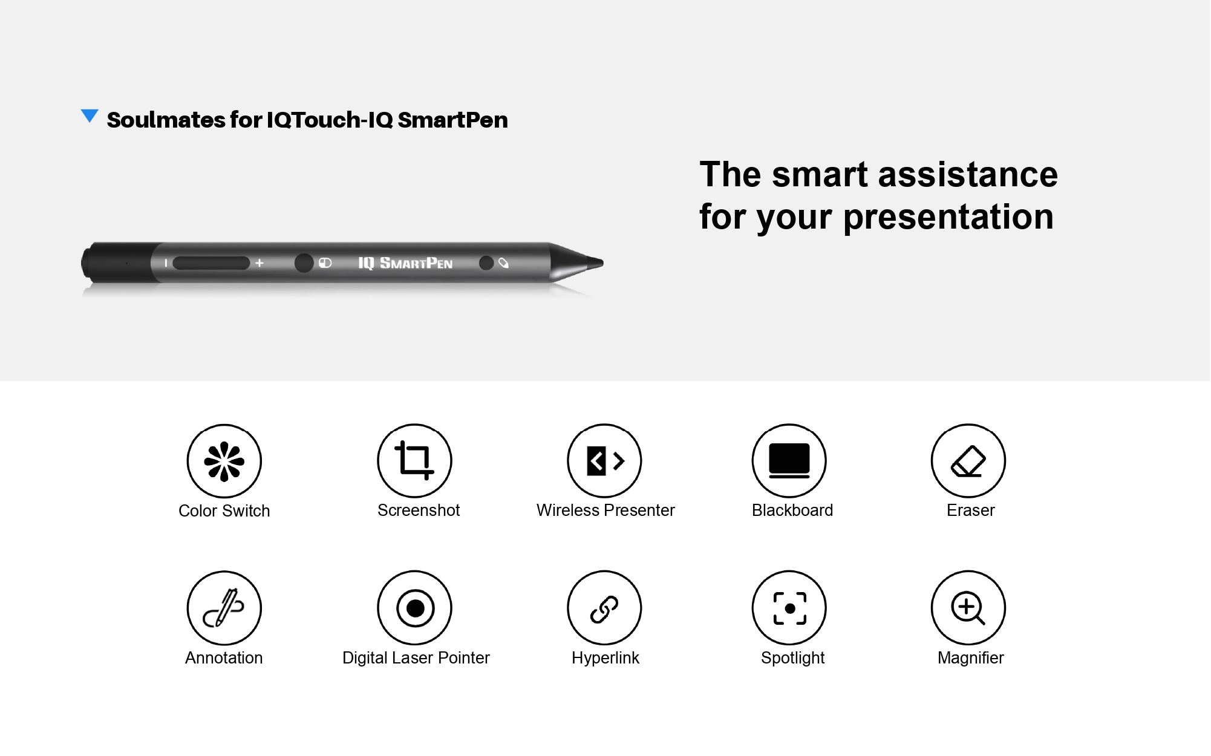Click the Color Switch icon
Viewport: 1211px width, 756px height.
pos(224,461)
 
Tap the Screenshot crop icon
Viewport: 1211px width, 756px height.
pos(414,461)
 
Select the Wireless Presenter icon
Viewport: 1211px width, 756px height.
pos(604,461)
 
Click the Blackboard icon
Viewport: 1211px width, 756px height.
pos(789,461)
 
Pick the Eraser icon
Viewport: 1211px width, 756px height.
pos(968,461)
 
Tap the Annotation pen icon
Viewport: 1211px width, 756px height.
pos(224,608)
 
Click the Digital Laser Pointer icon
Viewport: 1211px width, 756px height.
pos(414,608)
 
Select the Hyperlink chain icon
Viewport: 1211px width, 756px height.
pos(604,608)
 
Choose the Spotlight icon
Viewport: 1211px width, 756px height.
pos(789,608)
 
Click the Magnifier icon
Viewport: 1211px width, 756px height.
pos(968,608)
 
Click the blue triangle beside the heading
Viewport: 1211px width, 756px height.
pos(90,116)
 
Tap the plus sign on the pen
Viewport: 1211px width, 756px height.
pos(259,263)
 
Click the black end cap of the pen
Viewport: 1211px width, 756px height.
pos(115,263)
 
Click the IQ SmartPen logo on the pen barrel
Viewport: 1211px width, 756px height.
pos(405,263)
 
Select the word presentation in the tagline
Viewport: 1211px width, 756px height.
pos(948,217)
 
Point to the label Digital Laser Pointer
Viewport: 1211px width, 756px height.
pos(416,658)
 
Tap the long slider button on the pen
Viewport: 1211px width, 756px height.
pos(211,263)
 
